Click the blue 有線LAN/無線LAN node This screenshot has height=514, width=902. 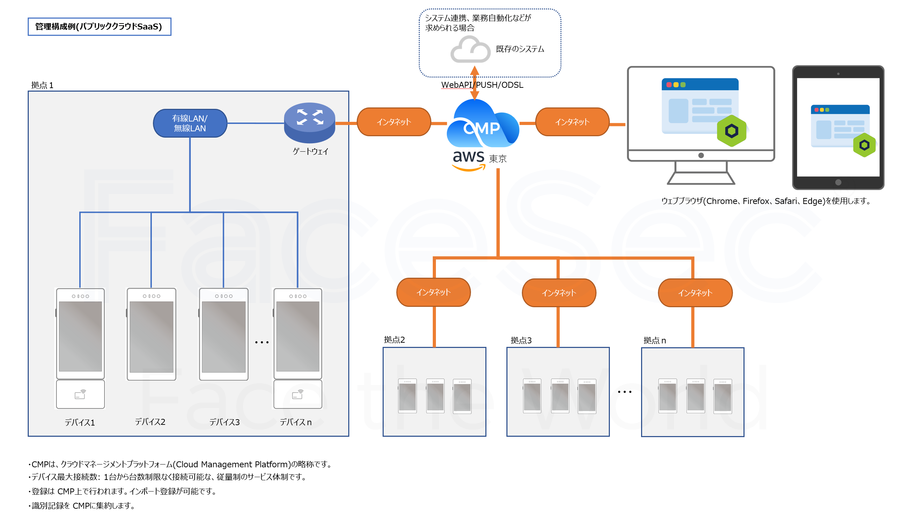pyautogui.click(x=190, y=123)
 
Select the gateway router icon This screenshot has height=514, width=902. pyautogui.click(x=309, y=122)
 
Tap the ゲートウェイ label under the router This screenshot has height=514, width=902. pyautogui.click(x=310, y=151)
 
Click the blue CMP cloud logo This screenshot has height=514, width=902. pyautogui.click(x=482, y=125)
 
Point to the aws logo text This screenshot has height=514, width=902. pyautogui.click(x=468, y=157)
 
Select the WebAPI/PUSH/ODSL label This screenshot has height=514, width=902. pyautogui.click(x=482, y=85)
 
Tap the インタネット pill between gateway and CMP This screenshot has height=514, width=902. pyautogui.click(x=393, y=122)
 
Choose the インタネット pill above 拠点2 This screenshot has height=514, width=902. pyautogui.click(x=433, y=292)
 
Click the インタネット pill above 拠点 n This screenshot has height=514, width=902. pyautogui.click(x=695, y=293)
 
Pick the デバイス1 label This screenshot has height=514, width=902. pyautogui.click(x=80, y=423)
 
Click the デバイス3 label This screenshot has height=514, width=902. pyautogui.click(x=224, y=422)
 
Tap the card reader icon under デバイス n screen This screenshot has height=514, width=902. pyautogui.click(x=297, y=394)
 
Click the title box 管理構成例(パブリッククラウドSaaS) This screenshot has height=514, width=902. pyautogui.click(x=99, y=27)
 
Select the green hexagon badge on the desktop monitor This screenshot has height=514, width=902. pyautogui.click(x=731, y=131)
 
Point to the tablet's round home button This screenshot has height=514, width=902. pyautogui.click(x=838, y=182)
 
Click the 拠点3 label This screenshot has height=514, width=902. pyautogui.click(x=520, y=340)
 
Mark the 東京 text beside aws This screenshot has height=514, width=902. pyautogui.click(x=498, y=159)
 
